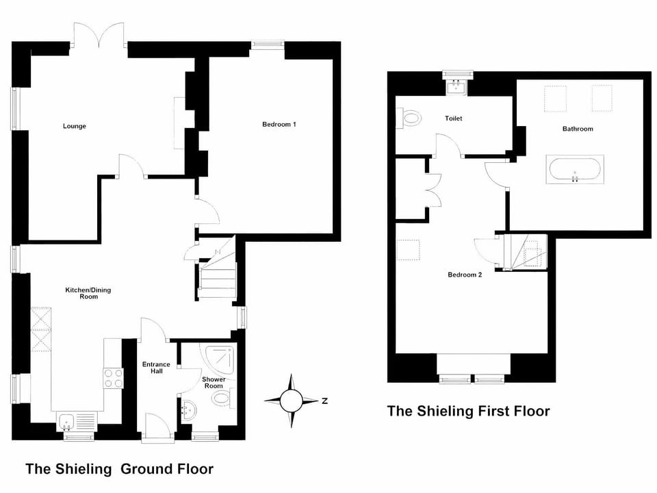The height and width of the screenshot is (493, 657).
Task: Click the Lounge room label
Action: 75,126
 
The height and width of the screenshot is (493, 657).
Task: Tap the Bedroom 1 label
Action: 279,124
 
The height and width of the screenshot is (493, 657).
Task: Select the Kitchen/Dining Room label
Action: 88,293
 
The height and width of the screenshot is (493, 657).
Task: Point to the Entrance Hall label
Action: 156,368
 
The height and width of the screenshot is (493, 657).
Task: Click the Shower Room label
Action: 214,383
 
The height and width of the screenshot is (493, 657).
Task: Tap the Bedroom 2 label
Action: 465,275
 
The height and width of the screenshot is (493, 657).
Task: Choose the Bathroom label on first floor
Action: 578,129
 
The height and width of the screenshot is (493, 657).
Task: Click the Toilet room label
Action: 454,118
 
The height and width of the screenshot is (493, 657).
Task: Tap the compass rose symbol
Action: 292,398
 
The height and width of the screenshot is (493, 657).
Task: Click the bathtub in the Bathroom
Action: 575,169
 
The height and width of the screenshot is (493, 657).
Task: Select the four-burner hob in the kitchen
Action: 113,379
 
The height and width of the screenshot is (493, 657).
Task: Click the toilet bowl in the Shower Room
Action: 221,399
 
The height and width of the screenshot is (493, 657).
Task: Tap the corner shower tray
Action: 218,359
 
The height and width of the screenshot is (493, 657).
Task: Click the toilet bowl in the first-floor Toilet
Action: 411,118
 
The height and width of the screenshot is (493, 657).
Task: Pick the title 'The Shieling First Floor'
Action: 468,411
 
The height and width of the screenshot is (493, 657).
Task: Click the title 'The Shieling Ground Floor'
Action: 119,469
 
